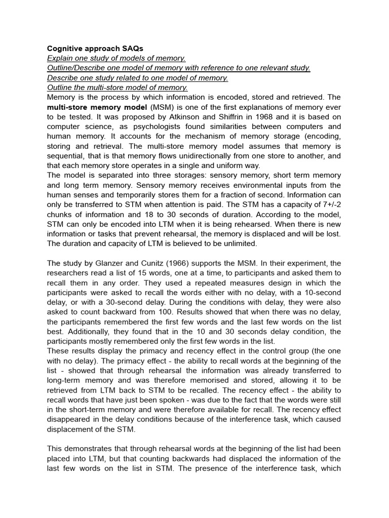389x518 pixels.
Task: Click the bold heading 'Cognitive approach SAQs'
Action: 95,49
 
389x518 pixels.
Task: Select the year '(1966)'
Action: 186,263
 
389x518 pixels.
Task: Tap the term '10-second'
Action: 322,292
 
